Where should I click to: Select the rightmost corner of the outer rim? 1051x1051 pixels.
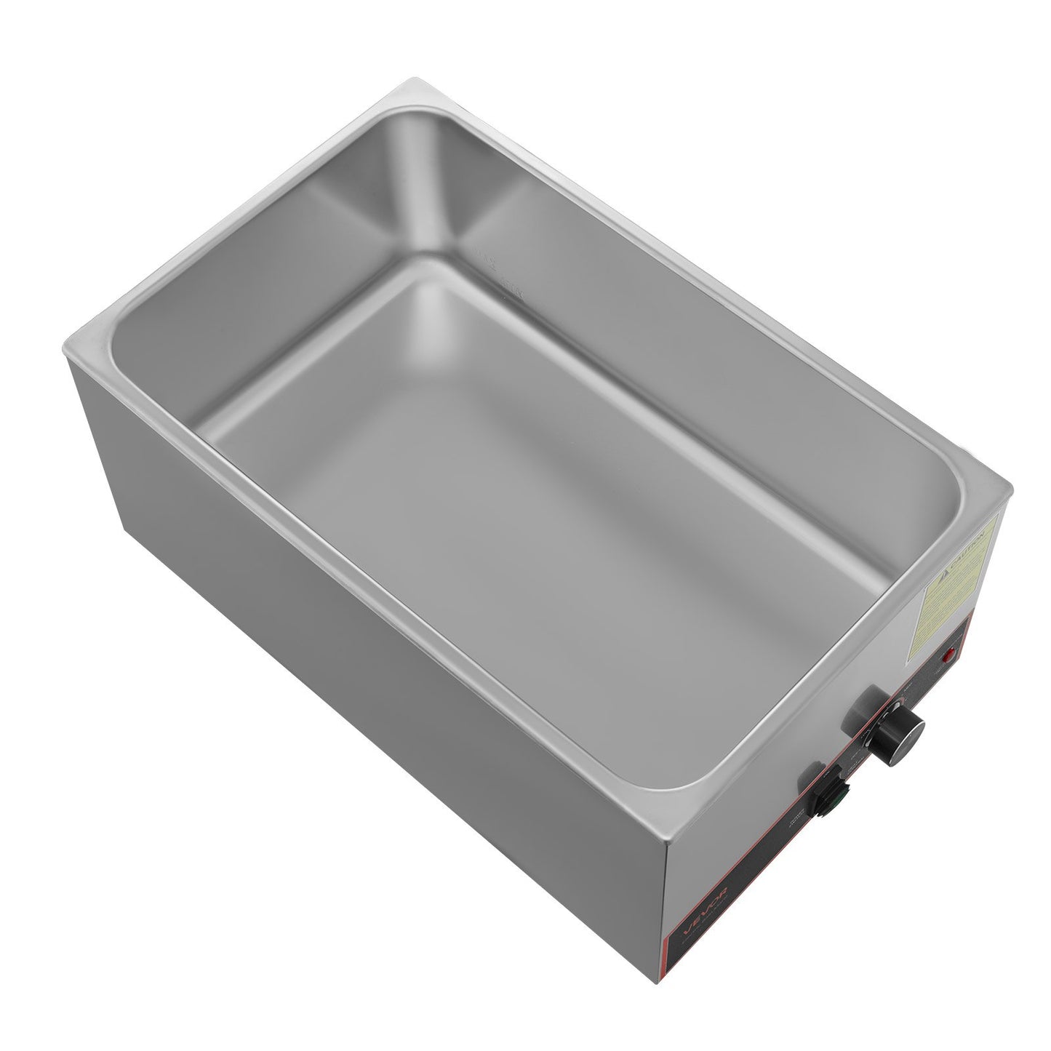pos(1010,490)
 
